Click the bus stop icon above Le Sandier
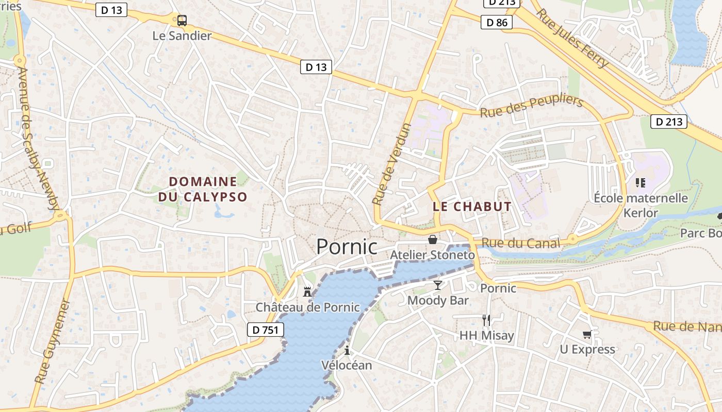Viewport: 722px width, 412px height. (182, 21)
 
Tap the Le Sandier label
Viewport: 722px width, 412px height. (182, 36)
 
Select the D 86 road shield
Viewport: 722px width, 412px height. (497, 22)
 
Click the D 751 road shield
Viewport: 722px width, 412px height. (266, 330)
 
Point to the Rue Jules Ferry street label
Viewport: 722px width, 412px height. (572, 38)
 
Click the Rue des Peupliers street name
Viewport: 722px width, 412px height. (531, 106)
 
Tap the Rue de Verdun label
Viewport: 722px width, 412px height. (392, 164)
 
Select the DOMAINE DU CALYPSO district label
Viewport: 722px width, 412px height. (203, 189)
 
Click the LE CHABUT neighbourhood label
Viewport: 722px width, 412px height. (472, 207)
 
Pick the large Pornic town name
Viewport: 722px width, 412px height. (347, 246)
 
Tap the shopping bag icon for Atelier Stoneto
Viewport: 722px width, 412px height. (432, 239)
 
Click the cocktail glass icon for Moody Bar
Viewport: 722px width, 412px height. (438, 285)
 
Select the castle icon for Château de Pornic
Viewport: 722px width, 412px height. (307, 292)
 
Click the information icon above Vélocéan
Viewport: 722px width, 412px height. (347, 350)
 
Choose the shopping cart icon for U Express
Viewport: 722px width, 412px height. (587, 335)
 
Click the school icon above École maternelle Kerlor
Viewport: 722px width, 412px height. (641, 182)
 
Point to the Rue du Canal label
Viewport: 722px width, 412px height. (520, 243)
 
